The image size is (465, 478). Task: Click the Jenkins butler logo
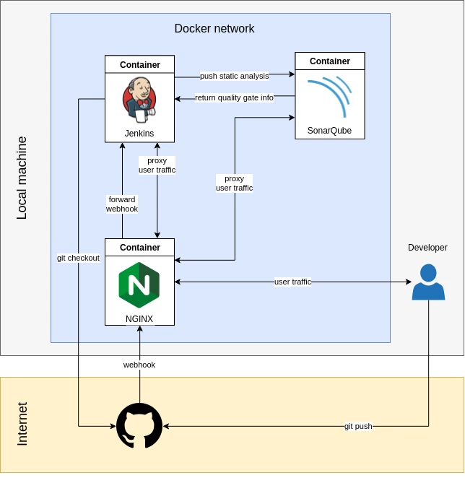click(139, 99)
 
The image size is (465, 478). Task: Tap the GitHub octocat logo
click(139, 426)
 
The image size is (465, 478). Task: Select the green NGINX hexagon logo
click(139, 284)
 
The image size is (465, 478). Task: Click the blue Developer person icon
click(428, 282)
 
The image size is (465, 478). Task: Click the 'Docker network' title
click(214, 29)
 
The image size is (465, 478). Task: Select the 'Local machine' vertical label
click(22, 178)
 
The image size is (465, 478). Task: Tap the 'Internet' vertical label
click(22, 424)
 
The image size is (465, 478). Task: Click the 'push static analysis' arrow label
click(234, 76)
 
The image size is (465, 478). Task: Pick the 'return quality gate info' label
click(234, 97)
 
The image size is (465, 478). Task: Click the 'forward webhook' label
click(122, 204)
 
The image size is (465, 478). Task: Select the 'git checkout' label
click(78, 258)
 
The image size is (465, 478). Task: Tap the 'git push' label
click(358, 426)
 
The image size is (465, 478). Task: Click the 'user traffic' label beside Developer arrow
click(292, 282)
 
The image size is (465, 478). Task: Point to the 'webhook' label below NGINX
click(139, 365)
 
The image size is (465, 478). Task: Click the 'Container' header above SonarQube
click(330, 61)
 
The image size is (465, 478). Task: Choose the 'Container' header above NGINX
click(139, 247)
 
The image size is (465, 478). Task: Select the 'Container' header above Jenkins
click(139, 64)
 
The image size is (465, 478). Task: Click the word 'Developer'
click(427, 248)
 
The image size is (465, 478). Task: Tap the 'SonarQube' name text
click(330, 131)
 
